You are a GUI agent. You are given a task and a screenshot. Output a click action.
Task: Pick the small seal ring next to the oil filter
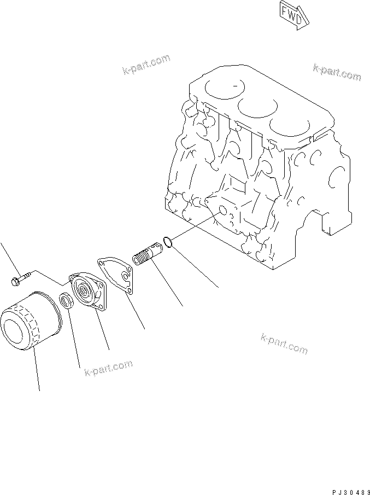65,300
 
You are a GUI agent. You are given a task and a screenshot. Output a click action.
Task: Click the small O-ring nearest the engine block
169,241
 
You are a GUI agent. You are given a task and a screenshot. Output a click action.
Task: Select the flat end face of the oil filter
15,327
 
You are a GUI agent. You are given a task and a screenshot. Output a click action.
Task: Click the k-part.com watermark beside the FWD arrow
337,72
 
